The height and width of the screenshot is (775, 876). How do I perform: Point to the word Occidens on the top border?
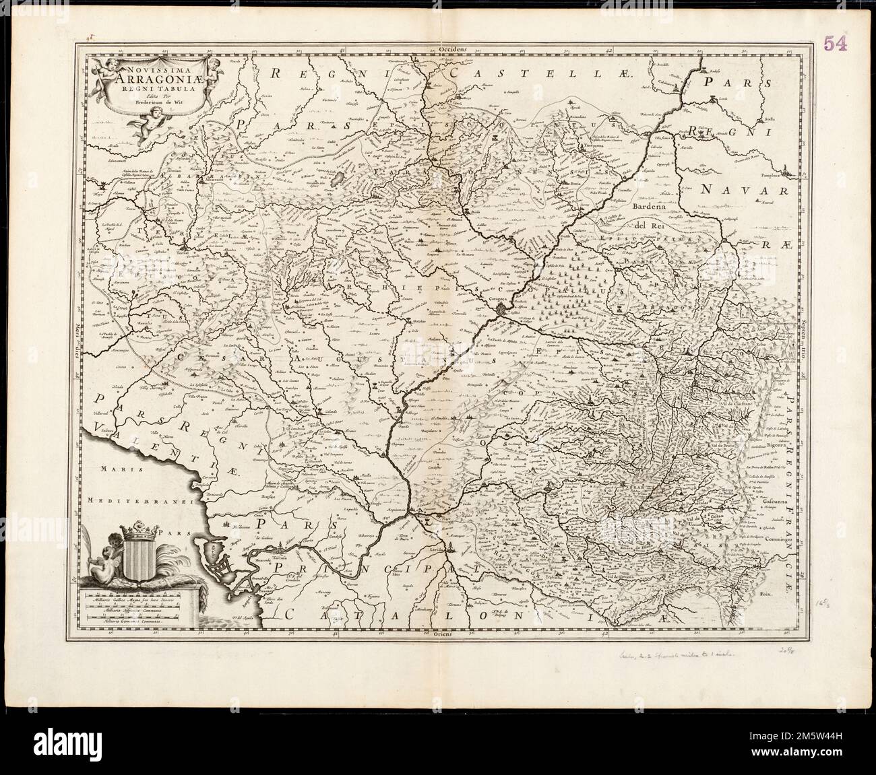click(451, 49)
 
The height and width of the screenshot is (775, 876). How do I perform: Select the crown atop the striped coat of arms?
click(141, 532)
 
